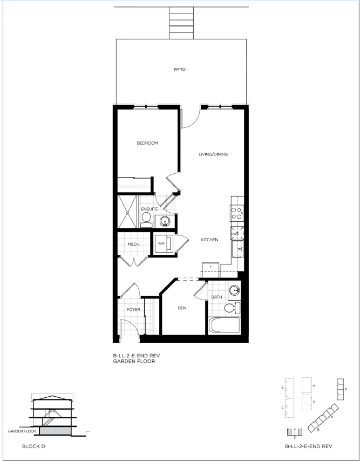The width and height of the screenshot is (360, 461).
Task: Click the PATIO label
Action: click(x=179, y=70)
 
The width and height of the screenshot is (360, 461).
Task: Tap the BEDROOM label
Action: click(x=147, y=143)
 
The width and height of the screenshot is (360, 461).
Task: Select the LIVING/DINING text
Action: click(x=213, y=154)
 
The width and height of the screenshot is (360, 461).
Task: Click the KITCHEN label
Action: click(x=209, y=240)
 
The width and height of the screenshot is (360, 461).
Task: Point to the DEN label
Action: click(x=182, y=308)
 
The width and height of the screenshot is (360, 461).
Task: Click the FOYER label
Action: click(x=133, y=310)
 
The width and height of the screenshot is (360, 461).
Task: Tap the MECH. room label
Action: click(x=134, y=245)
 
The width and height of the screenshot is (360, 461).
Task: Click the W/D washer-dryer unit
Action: click(x=162, y=244)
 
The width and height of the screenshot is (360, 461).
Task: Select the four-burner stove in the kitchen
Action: click(x=237, y=213)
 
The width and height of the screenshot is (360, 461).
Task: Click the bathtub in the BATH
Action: click(x=224, y=326)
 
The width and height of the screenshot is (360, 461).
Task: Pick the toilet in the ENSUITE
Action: click(x=145, y=219)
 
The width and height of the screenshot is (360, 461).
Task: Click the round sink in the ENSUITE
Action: click(x=165, y=220)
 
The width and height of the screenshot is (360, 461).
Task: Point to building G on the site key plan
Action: click(x=341, y=389)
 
